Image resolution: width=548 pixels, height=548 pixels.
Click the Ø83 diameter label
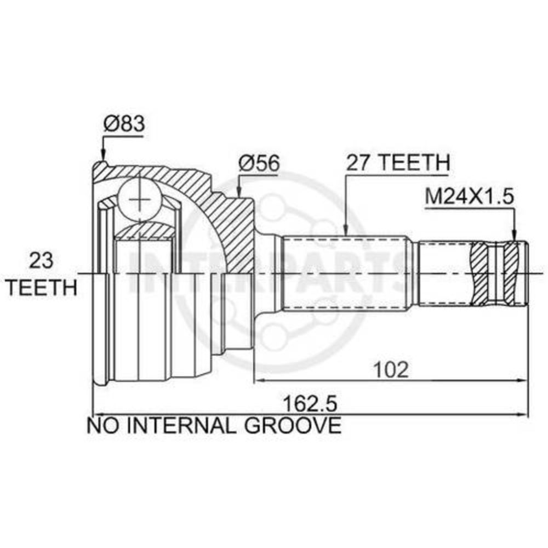click(x=124, y=124)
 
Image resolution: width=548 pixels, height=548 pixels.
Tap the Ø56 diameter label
click(x=259, y=163)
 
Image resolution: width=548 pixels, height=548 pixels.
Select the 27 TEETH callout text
click(x=398, y=162)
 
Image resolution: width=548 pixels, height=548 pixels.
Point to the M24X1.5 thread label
click(x=470, y=197)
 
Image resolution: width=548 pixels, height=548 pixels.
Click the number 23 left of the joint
click(x=41, y=260)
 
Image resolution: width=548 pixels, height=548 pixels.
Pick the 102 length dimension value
click(x=391, y=369)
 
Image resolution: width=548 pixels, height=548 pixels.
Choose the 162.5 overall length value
click(x=310, y=404)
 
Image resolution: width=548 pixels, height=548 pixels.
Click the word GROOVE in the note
click(x=292, y=425)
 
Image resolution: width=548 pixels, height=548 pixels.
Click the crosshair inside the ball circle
click(x=139, y=199)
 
